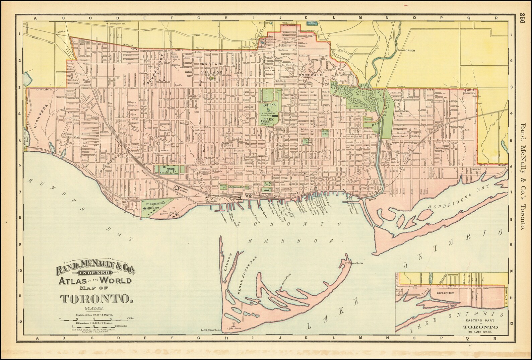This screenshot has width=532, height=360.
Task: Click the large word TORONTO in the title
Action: tap(96, 298)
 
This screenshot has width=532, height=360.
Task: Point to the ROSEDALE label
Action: tap(311, 75)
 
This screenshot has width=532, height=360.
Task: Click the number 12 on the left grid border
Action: tap(20, 322)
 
